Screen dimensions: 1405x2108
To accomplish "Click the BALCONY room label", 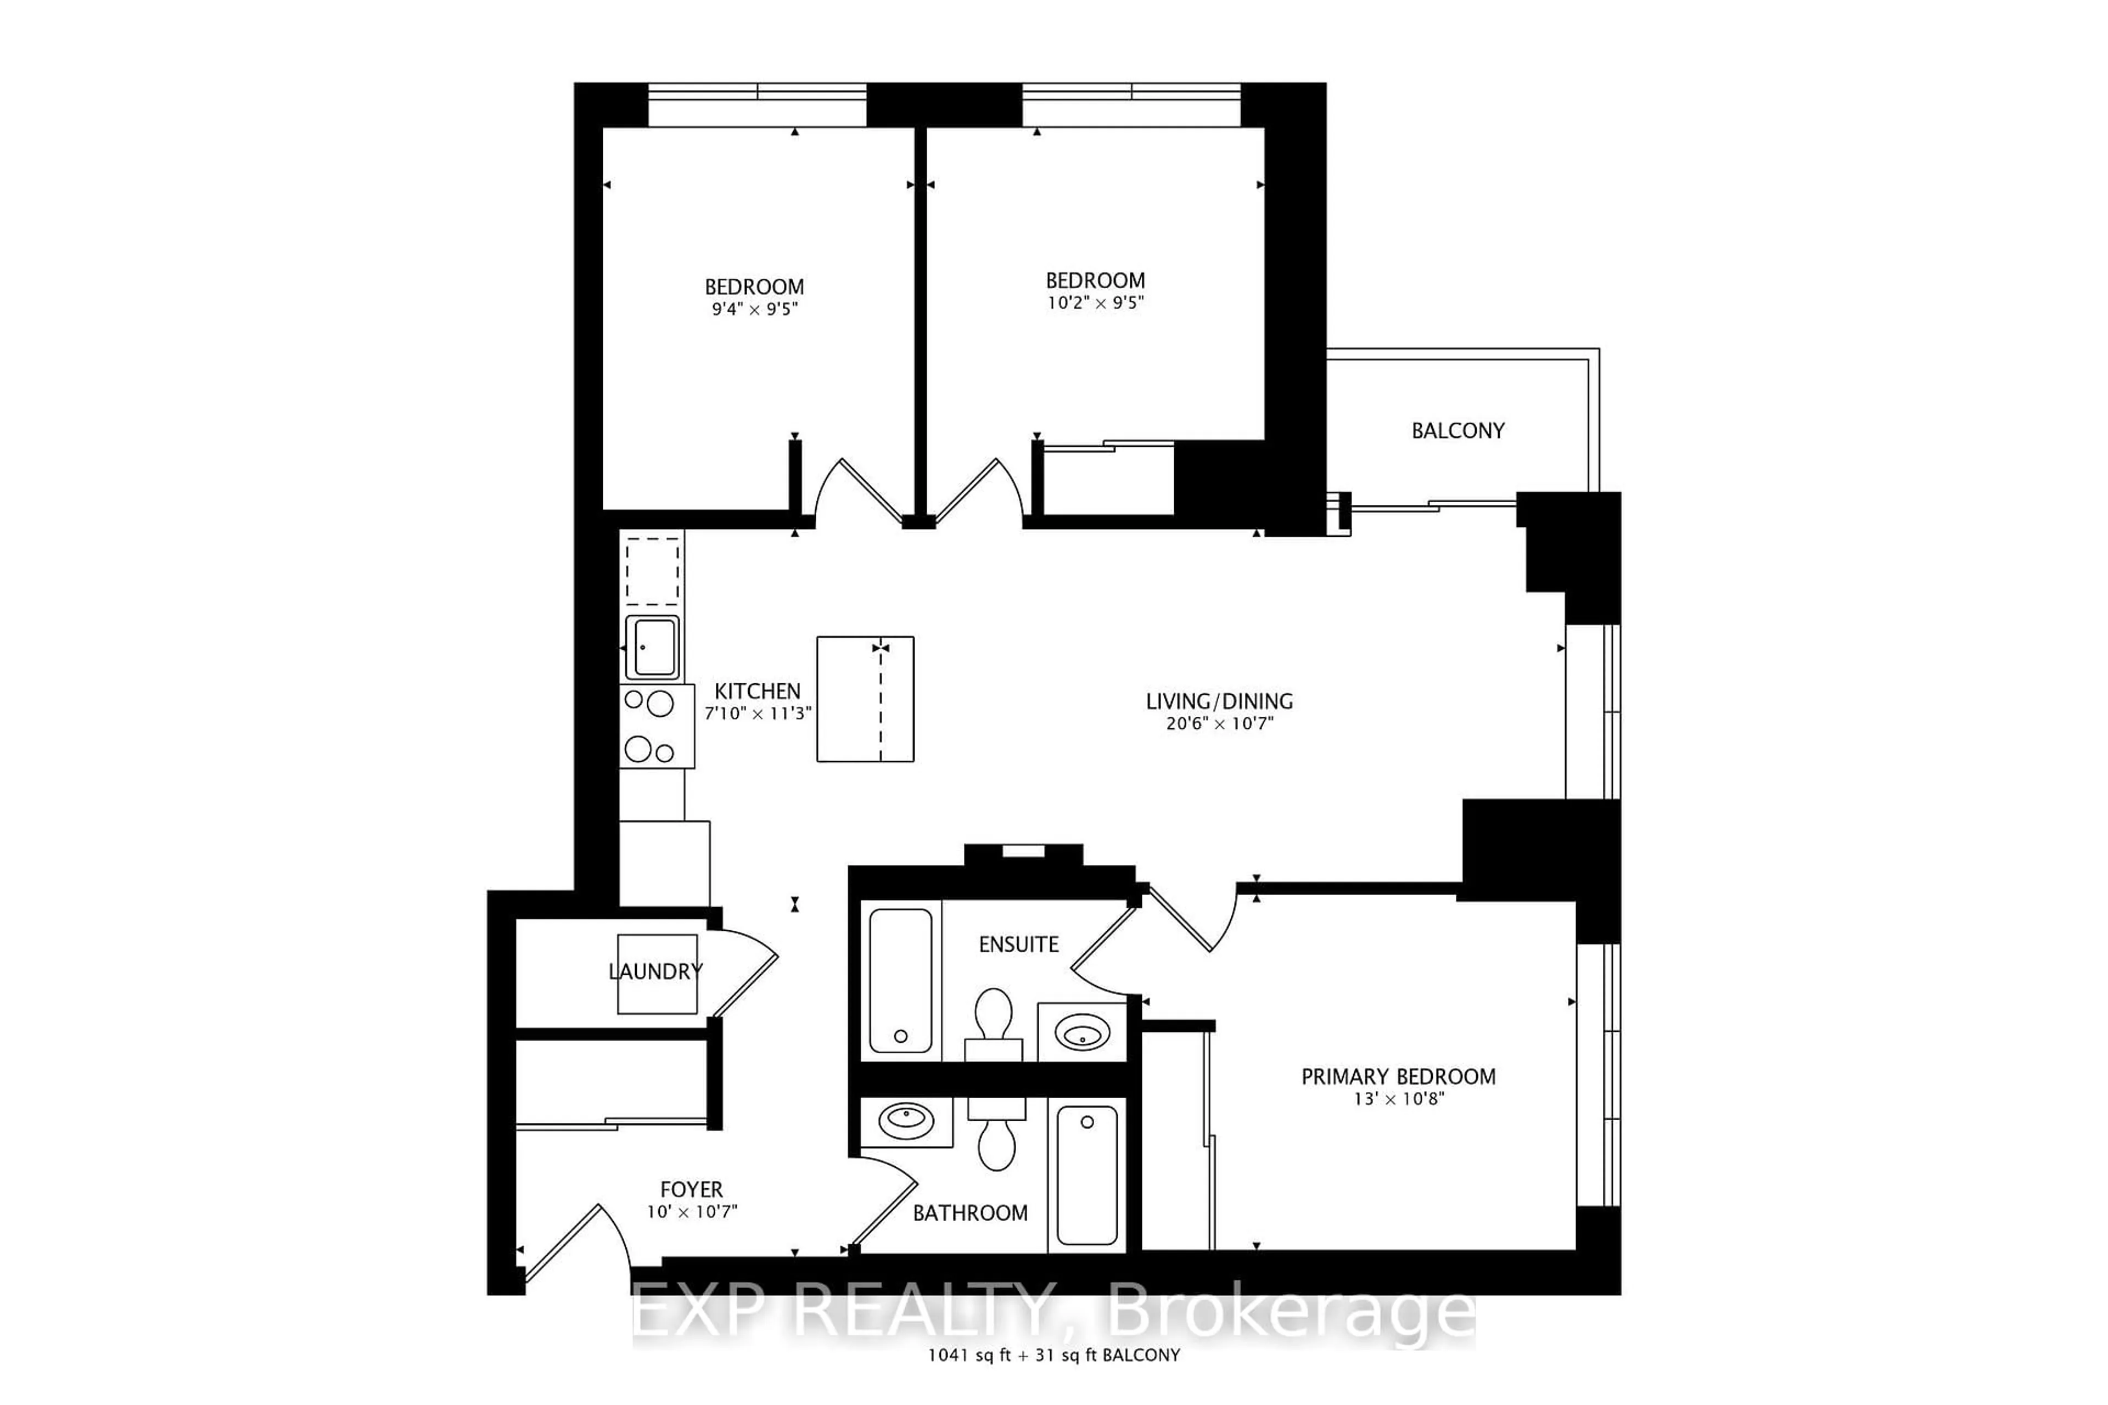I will coord(1457,431).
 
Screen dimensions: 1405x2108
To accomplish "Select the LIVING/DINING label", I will coord(1219,701).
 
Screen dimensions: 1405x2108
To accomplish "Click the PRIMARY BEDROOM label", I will coord(1398,1077).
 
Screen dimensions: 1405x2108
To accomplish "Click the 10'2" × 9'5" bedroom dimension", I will coord(1095,303).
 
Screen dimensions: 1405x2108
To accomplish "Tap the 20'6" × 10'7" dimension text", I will coord(1219,724).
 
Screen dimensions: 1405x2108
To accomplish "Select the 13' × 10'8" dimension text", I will coord(1398,1099).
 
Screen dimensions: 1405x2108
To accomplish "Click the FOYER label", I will coord(691,1190).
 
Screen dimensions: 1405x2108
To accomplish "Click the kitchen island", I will coord(865,699).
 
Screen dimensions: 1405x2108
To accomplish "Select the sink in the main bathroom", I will coord(906,1121).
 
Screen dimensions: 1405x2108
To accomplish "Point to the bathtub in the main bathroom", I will coord(1086,1174).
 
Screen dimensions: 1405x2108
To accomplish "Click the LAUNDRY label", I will coord(655,971).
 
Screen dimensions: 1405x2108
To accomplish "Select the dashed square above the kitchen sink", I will coord(653,571).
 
